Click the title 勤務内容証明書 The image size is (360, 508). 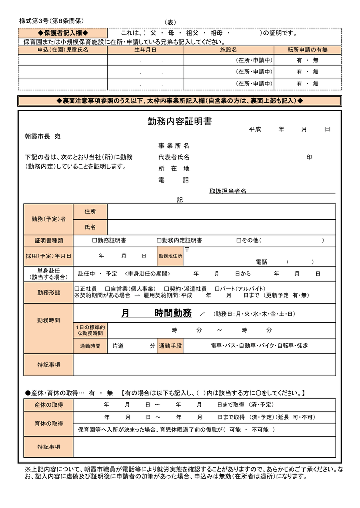[180, 122]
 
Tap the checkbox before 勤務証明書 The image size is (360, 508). [95, 240]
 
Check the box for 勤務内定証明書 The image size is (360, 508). [159, 240]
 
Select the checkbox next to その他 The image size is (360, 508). [238, 240]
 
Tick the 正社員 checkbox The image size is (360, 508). [77, 288]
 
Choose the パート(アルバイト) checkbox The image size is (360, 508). [217, 288]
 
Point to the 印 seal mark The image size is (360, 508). [309, 157]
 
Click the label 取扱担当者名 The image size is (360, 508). [227, 191]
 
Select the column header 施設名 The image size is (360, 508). [228, 50]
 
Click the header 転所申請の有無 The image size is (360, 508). [308, 50]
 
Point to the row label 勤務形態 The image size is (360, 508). [49, 292]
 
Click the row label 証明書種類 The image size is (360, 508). [49, 240]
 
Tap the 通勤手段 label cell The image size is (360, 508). [170, 345]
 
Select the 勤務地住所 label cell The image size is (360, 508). [170, 256]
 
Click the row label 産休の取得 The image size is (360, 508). [49, 405]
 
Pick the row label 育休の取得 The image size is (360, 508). [49, 423]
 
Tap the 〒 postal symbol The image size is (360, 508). [187, 249]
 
